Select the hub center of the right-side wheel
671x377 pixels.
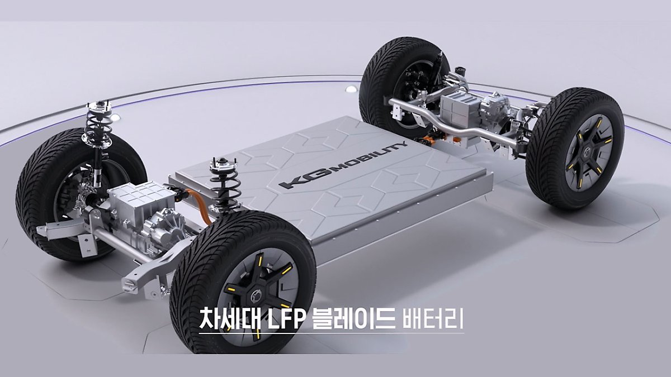click(x=588, y=152)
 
